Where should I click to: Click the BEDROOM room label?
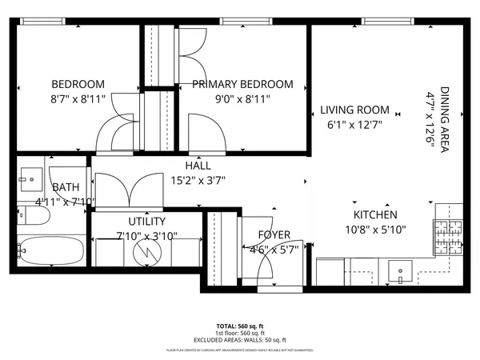pos(78,84)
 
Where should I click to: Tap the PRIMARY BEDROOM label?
pos(242,84)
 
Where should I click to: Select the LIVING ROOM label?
pos(355,110)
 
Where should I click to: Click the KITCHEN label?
pos(375,214)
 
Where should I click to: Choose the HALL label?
pos(198,166)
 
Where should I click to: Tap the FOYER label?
pos(274,234)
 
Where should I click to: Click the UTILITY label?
pos(147,221)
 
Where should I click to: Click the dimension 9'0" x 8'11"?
pos(242,99)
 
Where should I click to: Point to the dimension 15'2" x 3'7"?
pos(198,181)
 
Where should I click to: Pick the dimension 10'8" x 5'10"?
pos(375,230)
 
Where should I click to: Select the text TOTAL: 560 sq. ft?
pos(239,326)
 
